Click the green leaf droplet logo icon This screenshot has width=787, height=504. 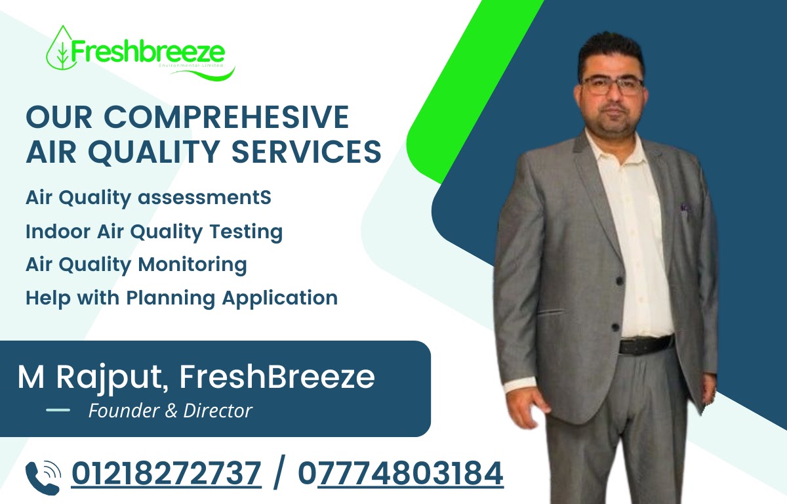[60, 49]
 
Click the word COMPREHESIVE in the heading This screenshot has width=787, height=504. [226, 117]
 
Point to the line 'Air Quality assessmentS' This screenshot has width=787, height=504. [148, 198]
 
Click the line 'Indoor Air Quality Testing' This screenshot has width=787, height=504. [154, 231]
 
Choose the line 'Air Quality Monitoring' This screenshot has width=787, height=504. [136, 265]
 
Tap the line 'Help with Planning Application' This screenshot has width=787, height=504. [182, 298]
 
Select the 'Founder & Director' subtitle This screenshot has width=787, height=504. [170, 411]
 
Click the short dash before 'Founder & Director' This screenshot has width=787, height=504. [58, 411]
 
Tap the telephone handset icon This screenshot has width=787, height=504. [43, 475]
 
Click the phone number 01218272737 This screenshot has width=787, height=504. [166, 474]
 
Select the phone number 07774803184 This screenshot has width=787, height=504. [401, 474]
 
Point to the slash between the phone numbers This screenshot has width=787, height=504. [279, 474]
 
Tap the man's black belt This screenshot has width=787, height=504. [645, 345]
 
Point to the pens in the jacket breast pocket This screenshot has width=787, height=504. [685, 209]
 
